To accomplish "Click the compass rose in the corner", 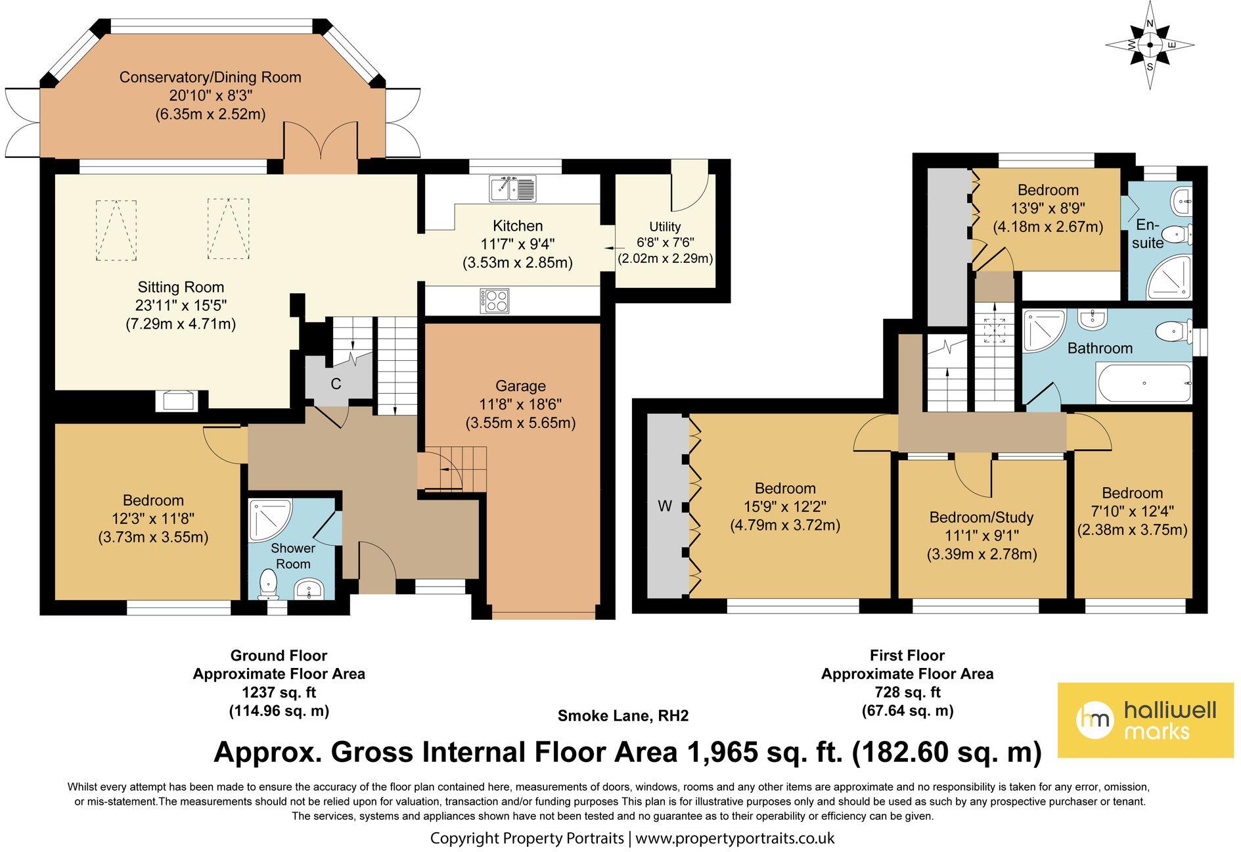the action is [1150, 45].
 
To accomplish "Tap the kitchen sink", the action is [513, 188].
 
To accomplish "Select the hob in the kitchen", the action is [494, 301].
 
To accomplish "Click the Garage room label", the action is [520, 386].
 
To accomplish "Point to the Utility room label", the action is [665, 227].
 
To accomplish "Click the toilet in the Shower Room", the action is [268, 584].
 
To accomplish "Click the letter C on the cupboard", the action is [336, 384].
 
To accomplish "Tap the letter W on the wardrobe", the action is [665, 506].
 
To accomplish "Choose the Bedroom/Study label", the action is [982, 517].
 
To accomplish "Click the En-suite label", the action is [1148, 234].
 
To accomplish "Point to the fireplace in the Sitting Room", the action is [177, 400].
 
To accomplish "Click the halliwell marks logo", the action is [1145, 720].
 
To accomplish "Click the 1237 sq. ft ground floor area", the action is [279, 692].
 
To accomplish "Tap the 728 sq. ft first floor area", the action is [907, 692].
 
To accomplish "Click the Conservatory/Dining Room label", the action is [210, 78].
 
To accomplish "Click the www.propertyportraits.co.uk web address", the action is [735, 838].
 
